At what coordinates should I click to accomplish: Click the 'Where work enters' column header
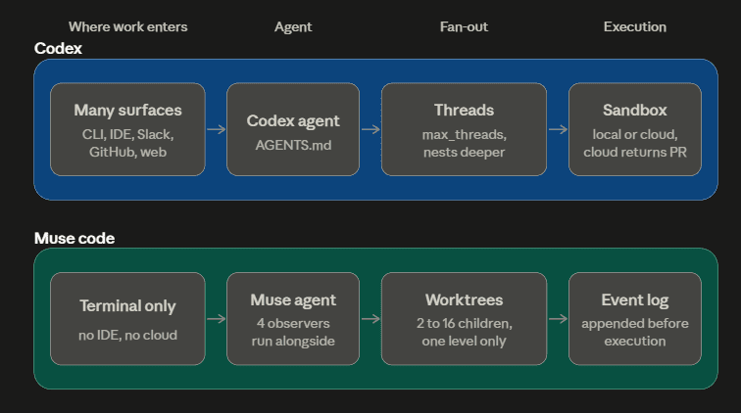click(x=127, y=26)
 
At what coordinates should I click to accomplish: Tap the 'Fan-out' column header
click(x=464, y=26)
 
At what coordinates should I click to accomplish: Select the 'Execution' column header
click(x=635, y=26)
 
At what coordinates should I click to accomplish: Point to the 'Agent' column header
click(x=293, y=27)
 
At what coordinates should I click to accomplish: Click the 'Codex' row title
click(x=58, y=48)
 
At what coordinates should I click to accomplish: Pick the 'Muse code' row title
click(x=74, y=238)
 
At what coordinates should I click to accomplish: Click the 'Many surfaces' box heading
click(x=127, y=110)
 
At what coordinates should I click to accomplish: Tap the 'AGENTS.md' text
click(x=293, y=145)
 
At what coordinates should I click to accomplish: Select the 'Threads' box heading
click(x=464, y=110)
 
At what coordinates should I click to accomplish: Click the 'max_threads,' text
click(x=464, y=135)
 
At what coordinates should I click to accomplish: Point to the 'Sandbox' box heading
click(x=635, y=110)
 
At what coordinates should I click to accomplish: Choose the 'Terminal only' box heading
click(x=127, y=306)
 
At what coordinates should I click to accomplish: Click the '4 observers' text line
click(x=293, y=323)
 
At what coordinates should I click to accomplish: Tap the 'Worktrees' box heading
click(x=464, y=299)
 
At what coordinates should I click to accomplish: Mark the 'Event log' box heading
click(x=635, y=300)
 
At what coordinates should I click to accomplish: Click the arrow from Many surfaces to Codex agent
click(x=216, y=129)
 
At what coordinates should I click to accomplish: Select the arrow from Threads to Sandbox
click(x=558, y=129)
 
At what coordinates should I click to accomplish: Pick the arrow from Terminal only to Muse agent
click(x=216, y=319)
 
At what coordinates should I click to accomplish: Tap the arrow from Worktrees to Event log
click(x=558, y=319)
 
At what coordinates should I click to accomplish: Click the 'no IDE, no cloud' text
click(x=127, y=335)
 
